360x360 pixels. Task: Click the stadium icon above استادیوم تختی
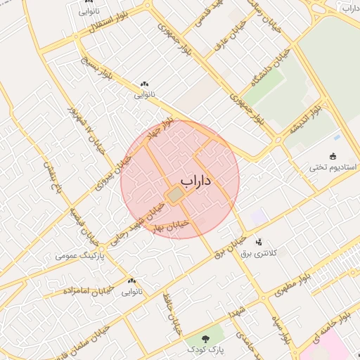(333, 156)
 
